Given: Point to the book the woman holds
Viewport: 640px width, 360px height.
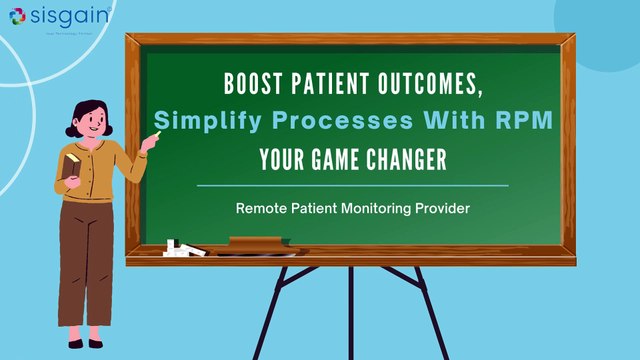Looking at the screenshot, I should [71, 164].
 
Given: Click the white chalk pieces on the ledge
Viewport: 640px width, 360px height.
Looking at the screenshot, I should [179, 245].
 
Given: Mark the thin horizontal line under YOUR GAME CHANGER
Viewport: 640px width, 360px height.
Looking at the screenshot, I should [352, 185].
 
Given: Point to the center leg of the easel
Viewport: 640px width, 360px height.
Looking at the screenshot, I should [350, 310].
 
